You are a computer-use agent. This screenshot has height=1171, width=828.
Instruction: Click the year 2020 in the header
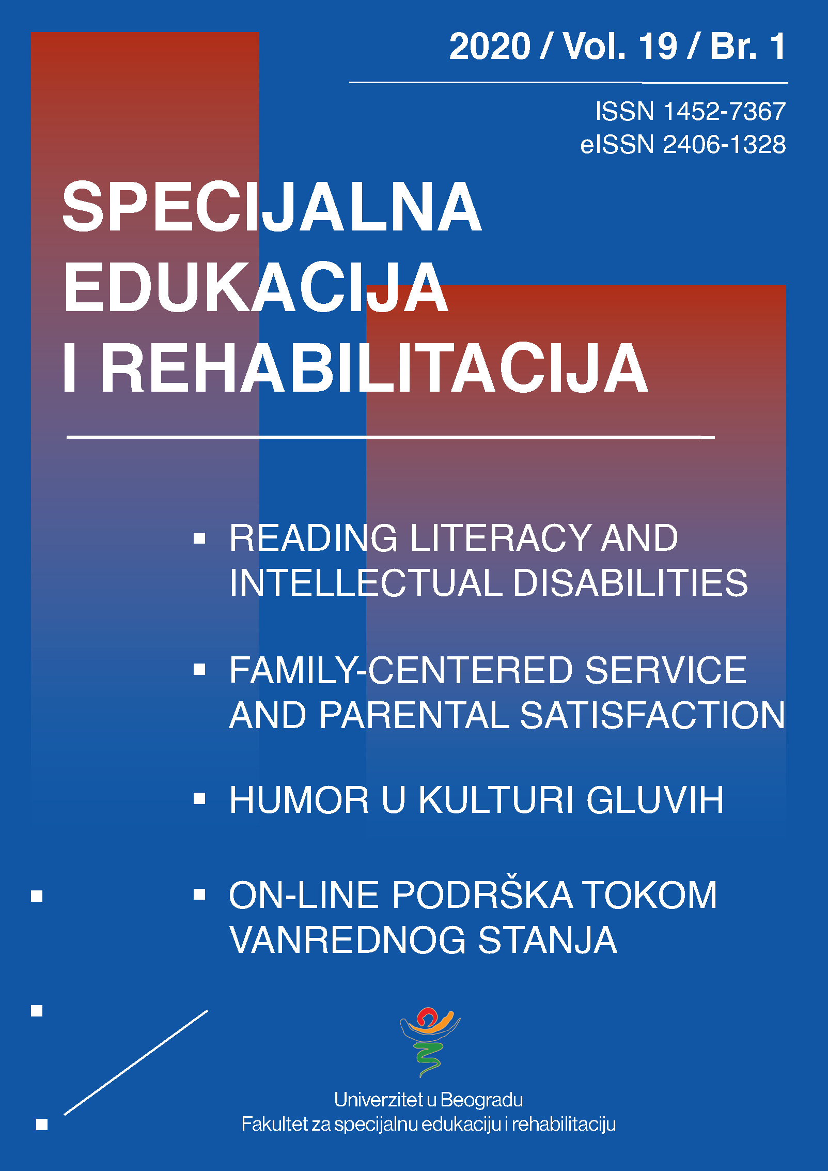pyautogui.click(x=490, y=47)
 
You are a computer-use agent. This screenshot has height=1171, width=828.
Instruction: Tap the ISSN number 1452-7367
pyautogui.click(x=724, y=112)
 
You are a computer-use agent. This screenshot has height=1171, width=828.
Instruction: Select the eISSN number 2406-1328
pyautogui.click(x=724, y=144)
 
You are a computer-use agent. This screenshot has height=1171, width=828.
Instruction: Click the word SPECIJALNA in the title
pyautogui.click(x=272, y=207)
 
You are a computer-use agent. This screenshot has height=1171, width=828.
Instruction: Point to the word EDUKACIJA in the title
pyautogui.click(x=256, y=287)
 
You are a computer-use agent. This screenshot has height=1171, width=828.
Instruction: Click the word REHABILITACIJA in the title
pyautogui.click(x=374, y=368)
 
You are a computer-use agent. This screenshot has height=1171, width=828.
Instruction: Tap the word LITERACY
pyautogui.click(x=500, y=538)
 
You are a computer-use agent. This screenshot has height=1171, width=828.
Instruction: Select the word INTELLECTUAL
pyautogui.click(x=366, y=583)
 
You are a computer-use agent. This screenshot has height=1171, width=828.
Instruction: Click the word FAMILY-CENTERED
pyautogui.click(x=401, y=670)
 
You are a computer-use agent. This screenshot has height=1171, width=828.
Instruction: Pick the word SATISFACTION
pyautogui.click(x=652, y=715)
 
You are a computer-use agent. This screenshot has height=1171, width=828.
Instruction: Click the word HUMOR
pyautogui.click(x=299, y=800)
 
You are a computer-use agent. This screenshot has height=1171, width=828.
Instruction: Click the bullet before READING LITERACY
pyautogui.click(x=199, y=538)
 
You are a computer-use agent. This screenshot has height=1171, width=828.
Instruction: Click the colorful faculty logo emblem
pyautogui.click(x=430, y=1041)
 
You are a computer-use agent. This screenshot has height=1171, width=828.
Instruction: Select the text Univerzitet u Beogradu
pyautogui.click(x=428, y=1100)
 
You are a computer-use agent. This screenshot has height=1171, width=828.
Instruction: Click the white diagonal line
pyautogui.click(x=136, y=1062)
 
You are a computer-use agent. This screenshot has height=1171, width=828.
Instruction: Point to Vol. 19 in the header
pyautogui.click(x=620, y=47)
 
